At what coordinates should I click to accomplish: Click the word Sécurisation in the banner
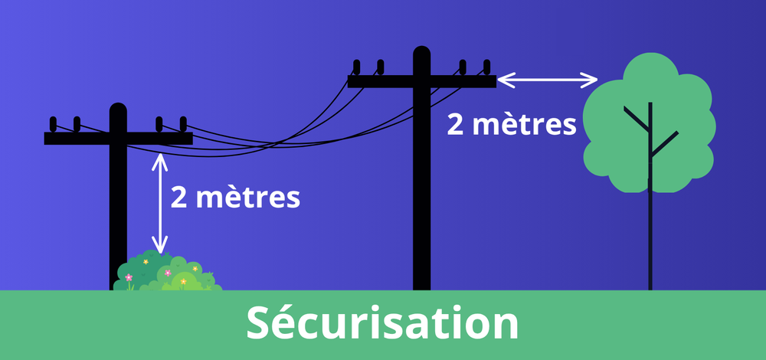point(382,323)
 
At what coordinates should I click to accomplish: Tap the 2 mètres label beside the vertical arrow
point(235,198)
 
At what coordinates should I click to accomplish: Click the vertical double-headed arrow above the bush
point(160,203)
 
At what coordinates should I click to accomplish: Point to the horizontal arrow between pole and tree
point(547,79)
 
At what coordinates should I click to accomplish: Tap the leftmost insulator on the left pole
point(53,124)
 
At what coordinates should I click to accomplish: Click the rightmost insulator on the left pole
point(182,124)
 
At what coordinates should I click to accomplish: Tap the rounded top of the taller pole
point(421,54)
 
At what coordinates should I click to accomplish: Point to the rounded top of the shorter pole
point(118,110)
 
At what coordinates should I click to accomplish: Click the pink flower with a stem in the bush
point(129,278)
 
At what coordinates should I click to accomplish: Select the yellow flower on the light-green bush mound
point(184,282)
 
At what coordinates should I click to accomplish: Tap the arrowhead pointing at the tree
point(591,79)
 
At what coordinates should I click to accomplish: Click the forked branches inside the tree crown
point(650,134)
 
